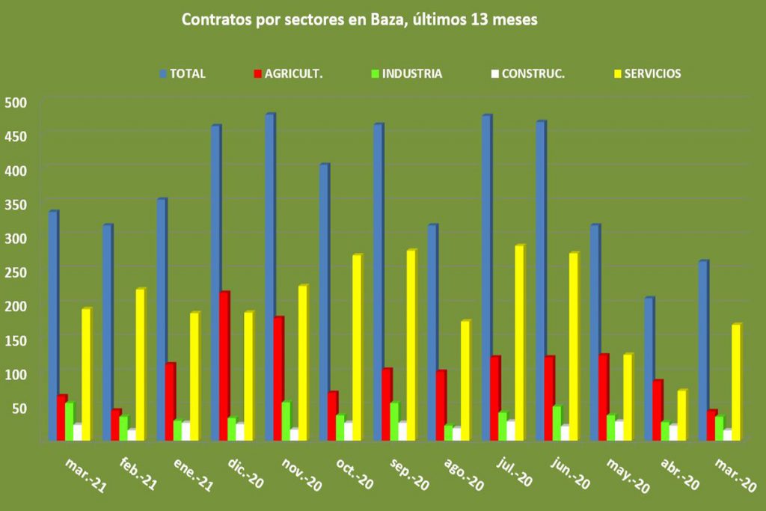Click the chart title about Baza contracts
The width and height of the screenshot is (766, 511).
359,20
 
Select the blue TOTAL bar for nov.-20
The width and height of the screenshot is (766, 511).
270,277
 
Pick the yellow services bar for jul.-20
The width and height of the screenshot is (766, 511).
519,343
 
